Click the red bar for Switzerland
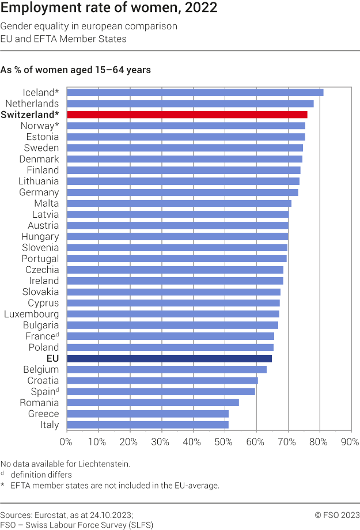pos(187,115)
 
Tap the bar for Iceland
pos(195,92)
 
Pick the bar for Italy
pos(147,425)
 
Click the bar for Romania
pos(153,403)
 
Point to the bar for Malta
pos(179,203)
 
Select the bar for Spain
pos(161,392)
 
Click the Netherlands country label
pos(32,104)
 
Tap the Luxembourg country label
pos(31,314)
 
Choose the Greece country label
pos(43,414)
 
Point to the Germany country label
pos(39,192)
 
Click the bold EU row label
pos(52,358)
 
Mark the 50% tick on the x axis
pos(224,442)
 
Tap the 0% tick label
pos(66,442)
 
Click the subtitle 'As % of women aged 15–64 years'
pos(75,70)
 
